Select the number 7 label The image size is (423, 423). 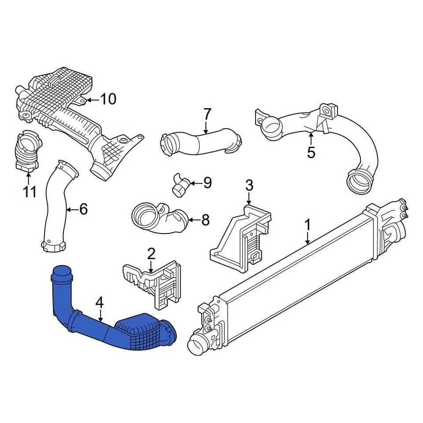pyautogui.click(x=207, y=114)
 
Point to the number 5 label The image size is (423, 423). pyautogui.click(x=311, y=153)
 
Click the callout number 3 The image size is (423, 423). pyautogui.click(x=249, y=185)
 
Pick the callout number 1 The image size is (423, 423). pyautogui.click(x=308, y=225)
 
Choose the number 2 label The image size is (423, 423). pyautogui.click(x=151, y=253)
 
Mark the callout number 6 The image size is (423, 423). pyautogui.click(x=83, y=209)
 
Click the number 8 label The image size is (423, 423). pyautogui.click(x=205, y=220)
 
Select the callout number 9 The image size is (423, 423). pyautogui.click(x=207, y=182)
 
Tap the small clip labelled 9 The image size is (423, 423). pyautogui.click(x=180, y=185)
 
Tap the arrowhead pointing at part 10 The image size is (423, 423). pyautogui.click(x=89, y=100)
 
